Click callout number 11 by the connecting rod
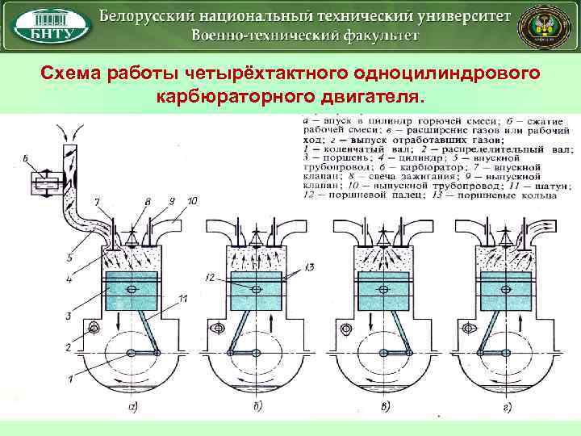point(184,299)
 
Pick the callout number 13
point(310,266)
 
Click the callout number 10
point(191,199)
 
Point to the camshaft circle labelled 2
point(94,328)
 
